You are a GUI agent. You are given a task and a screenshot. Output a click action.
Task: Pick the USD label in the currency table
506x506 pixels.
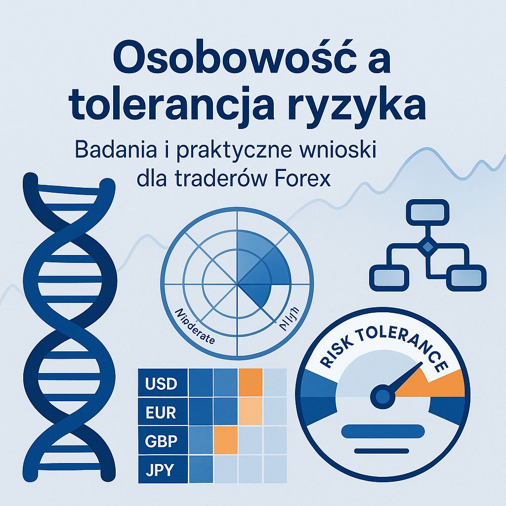[162, 383]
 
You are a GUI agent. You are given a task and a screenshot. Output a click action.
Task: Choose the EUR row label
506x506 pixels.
[161, 412]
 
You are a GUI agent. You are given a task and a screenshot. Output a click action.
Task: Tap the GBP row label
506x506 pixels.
[162, 441]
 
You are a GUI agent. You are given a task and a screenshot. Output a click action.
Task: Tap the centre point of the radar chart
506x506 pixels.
[238, 285]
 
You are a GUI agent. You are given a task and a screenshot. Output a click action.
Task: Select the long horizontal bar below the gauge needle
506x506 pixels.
[382, 431]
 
